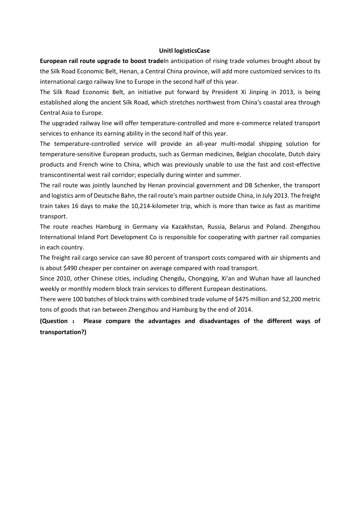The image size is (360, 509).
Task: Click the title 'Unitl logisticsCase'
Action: coord(184,50)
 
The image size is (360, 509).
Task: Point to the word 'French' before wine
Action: coord(88,164)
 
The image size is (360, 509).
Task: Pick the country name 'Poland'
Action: coord(275,227)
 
